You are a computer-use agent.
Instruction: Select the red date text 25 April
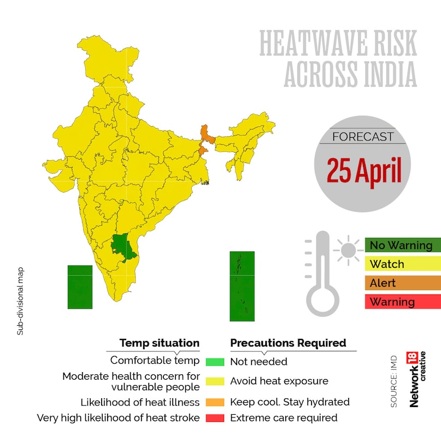click(364, 170)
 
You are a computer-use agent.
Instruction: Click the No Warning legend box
click(402, 245)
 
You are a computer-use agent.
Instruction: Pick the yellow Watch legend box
click(402, 264)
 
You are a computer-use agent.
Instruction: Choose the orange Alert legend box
click(402, 283)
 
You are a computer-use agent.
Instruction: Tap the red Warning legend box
click(402, 302)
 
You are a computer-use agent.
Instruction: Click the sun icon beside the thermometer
click(347, 250)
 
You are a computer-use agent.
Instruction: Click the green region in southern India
click(125, 246)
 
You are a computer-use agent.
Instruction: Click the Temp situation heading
click(160, 343)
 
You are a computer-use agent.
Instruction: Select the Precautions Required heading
click(288, 343)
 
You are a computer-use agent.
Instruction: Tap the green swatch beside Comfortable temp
click(215, 362)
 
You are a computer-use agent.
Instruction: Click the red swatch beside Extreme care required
click(215, 418)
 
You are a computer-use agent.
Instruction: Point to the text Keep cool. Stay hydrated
click(290, 402)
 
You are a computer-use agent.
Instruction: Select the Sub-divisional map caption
click(20, 301)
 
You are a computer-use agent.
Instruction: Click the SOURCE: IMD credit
click(394, 383)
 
